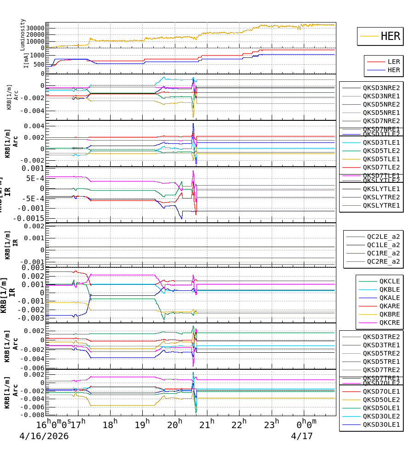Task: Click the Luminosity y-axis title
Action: (23, 34)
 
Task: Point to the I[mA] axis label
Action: (26, 60)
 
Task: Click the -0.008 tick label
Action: (32, 415)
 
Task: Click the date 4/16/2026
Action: (44, 436)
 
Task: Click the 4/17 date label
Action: (301, 436)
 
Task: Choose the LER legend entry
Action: (393, 62)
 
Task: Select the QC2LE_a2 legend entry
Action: (383, 237)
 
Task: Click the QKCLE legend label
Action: (389, 281)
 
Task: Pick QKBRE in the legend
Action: (389, 314)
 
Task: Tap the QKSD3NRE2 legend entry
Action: (381, 88)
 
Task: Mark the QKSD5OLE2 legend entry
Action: (381, 400)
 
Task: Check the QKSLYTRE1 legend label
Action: (381, 205)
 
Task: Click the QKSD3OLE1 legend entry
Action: (381, 424)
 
